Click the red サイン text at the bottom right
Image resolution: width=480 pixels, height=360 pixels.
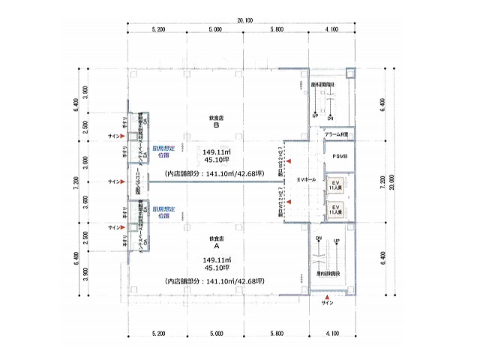tap(327, 303)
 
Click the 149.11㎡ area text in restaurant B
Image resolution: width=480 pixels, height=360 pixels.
tap(216, 148)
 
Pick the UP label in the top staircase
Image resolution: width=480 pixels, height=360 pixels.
tap(315, 116)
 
